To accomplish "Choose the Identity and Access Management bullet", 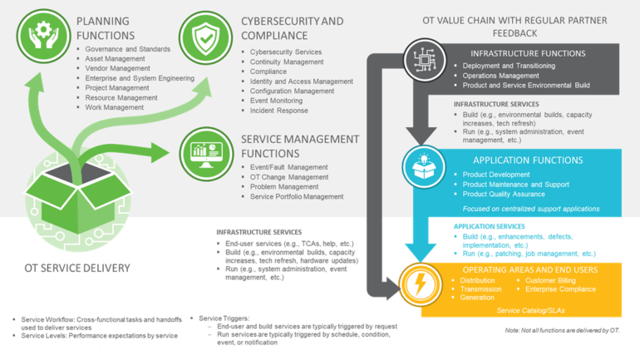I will coord(301,81).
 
